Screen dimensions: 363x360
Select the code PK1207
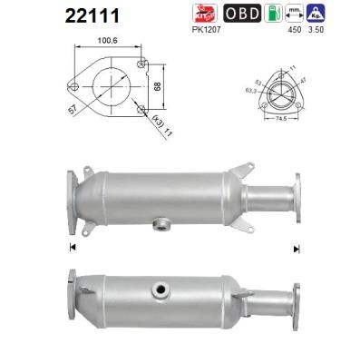[209, 29]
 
